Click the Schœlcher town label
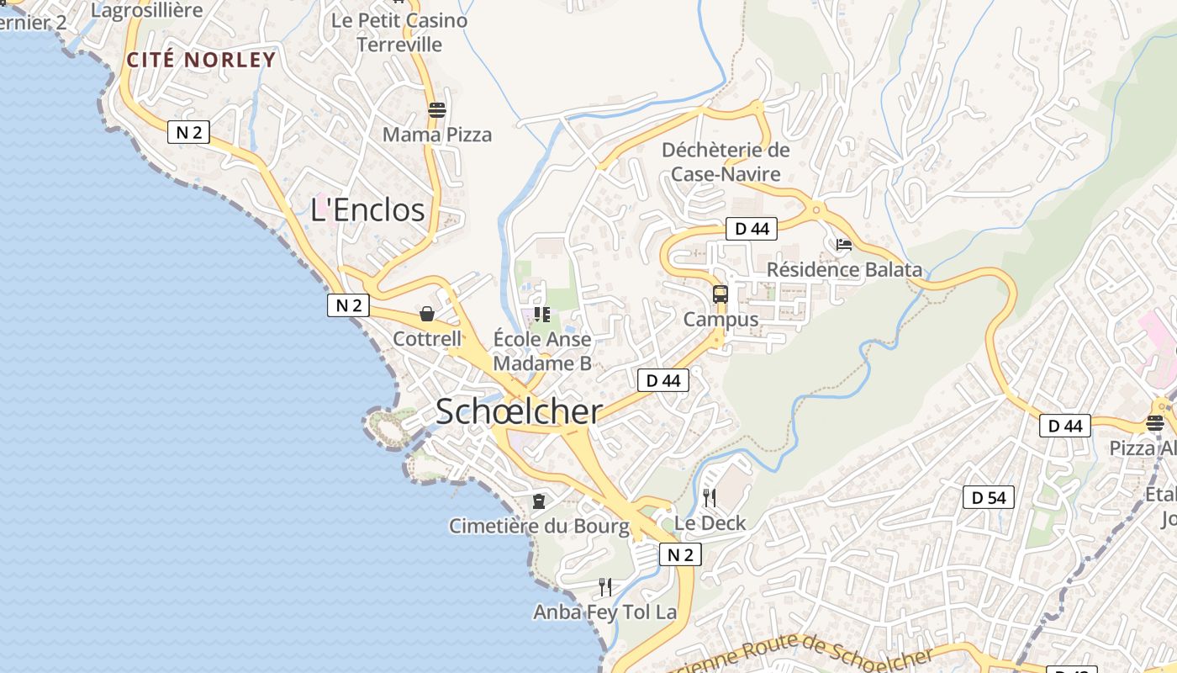pyautogui.click(x=519, y=411)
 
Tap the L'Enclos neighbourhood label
pyautogui.click(x=367, y=209)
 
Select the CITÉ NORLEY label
pyautogui.click(x=201, y=60)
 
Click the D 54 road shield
pyautogui.click(x=989, y=497)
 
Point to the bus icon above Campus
pyautogui.click(x=720, y=294)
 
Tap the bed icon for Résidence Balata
pyautogui.click(x=844, y=245)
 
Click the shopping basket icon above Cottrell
pyautogui.click(x=427, y=314)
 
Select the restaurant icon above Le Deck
pyautogui.click(x=710, y=498)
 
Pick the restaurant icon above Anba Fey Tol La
pyautogui.click(x=605, y=586)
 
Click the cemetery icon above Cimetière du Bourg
pyautogui.click(x=538, y=501)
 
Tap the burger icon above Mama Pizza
pyautogui.click(x=436, y=109)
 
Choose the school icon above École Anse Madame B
pyautogui.click(x=542, y=315)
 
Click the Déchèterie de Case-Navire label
pyautogui.click(x=726, y=162)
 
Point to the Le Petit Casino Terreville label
pyautogui.click(x=399, y=32)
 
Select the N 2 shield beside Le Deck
pyautogui.click(x=680, y=554)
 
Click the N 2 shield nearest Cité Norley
pyautogui.click(x=188, y=132)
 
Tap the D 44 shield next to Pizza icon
pyautogui.click(x=1065, y=426)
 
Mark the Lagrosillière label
pyautogui.click(x=147, y=10)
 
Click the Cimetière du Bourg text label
pyautogui.click(x=539, y=527)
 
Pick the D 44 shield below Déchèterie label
pyautogui.click(x=752, y=228)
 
